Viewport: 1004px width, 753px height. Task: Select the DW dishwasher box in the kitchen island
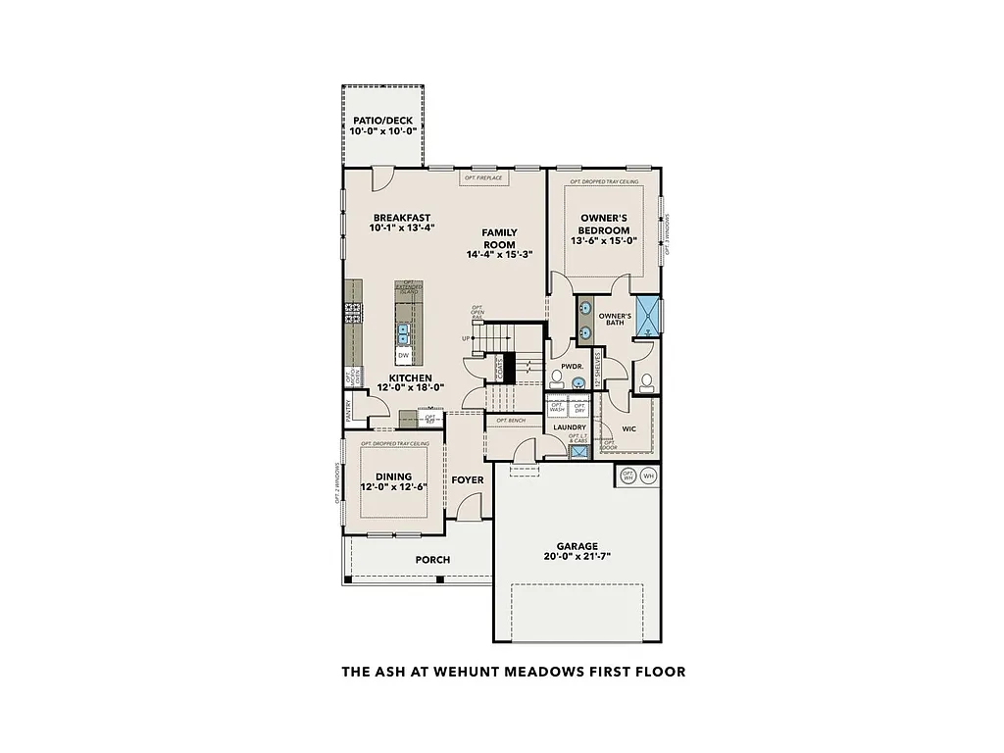coord(403,355)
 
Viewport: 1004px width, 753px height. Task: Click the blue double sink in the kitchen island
coord(403,333)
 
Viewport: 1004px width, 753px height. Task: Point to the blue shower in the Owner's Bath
coord(649,314)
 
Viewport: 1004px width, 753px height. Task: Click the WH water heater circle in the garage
coord(648,477)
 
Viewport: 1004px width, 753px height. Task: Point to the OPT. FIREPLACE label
coord(483,178)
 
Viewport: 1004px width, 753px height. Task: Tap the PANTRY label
coord(348,409)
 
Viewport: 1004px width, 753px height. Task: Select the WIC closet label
coord(628,427)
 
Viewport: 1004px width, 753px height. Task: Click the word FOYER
coord(467,480)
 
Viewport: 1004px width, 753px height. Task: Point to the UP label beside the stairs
coord(465,339)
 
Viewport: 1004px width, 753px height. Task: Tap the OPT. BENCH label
coord(511,421)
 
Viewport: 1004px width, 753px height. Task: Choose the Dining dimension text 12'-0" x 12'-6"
coord(392,487)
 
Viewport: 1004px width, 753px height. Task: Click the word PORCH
coord(432,560)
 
